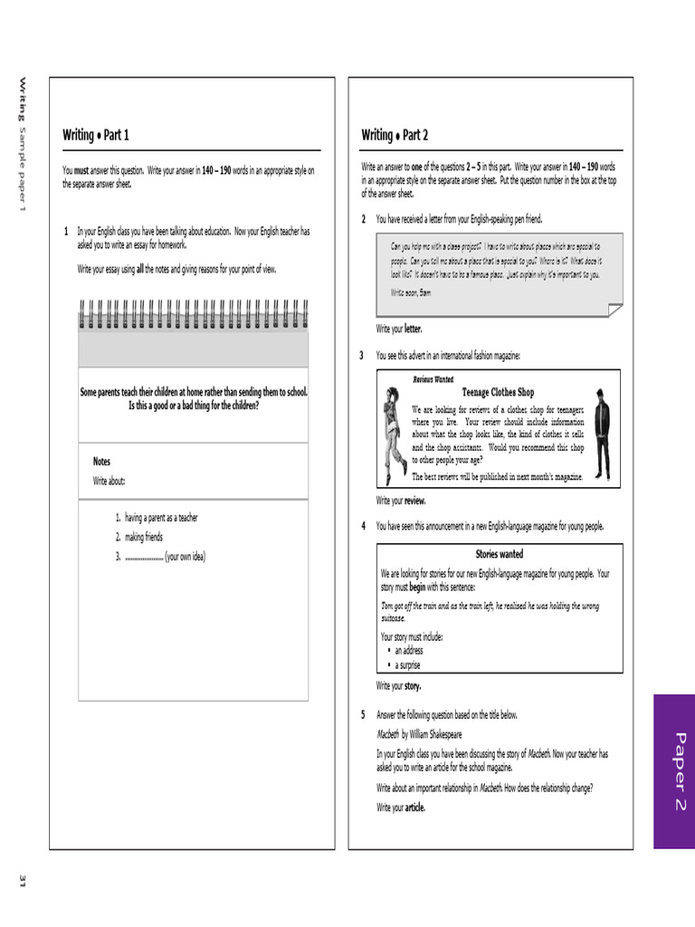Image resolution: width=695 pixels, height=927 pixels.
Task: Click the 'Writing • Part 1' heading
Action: coord(96,136)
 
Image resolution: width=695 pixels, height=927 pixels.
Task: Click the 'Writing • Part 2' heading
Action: coord(395,136)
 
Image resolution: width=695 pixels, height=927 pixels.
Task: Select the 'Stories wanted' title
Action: coord(499,554)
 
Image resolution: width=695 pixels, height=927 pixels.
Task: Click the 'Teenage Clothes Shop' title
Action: coord(498,393)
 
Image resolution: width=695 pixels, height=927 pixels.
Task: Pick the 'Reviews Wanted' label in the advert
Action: coord(433,379)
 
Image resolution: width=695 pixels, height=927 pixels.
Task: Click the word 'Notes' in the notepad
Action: coord(101,462)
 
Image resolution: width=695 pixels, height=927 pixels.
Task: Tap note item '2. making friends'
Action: coord(139,537)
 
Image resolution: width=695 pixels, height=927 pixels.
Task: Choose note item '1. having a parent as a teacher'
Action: coord(157,518)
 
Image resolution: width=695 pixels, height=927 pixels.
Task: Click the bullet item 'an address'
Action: coord(408,651)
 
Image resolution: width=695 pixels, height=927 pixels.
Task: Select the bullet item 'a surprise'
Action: coord(407,665)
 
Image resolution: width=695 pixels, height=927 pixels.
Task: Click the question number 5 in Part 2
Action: coord(363,715)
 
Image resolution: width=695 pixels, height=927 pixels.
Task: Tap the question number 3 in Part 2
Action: coord(363,356)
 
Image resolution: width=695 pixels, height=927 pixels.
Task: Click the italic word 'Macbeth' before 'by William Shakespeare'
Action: coord(387,735)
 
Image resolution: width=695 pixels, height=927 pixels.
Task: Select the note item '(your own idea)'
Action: coord(185,557)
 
